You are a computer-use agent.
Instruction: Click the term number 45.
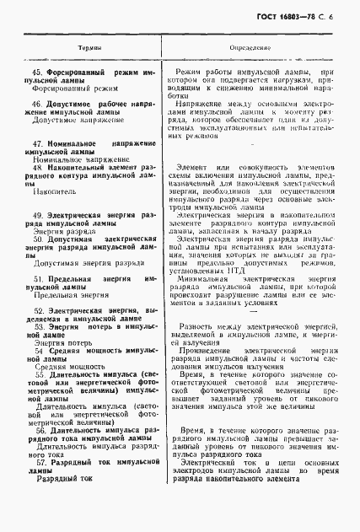coord(37,73)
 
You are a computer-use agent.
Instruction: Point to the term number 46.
coord(37,104)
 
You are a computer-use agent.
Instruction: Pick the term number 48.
coord(37,168)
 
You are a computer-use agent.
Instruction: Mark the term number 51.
coord(37,301)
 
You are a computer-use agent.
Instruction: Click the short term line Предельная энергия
coord(71,319)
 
